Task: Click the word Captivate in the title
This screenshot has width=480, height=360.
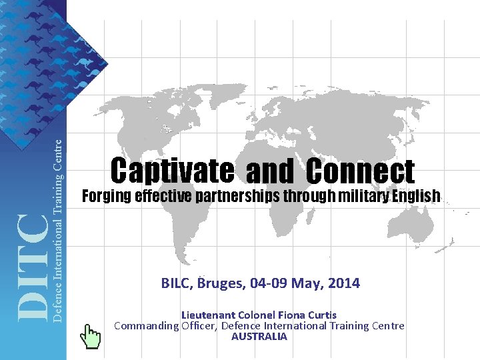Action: tap(172, 171)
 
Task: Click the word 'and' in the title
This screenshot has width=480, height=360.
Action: tap(269, 173)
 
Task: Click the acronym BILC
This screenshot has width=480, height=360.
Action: tap(176, 283)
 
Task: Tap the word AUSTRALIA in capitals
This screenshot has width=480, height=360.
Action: tap(259, 337)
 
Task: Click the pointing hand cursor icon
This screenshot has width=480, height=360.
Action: tap(90, 335)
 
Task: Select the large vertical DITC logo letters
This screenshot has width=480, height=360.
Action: tap(32, 267)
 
